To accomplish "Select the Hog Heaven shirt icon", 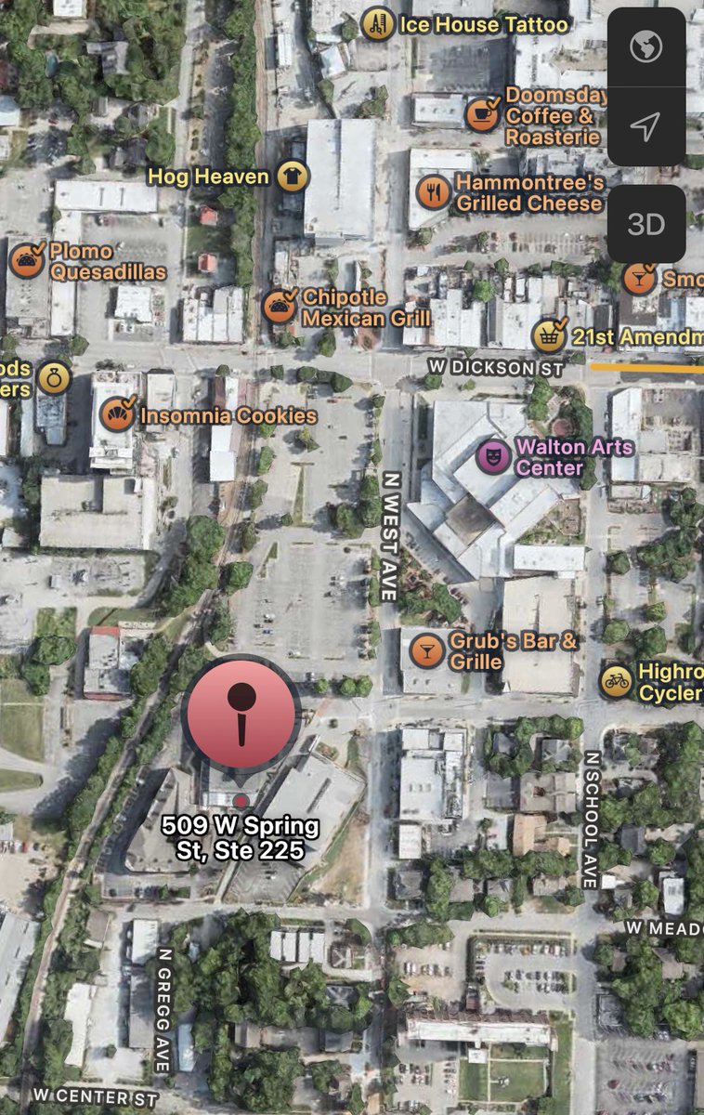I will (293, 176).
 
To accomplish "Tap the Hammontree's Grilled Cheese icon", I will (434, 191).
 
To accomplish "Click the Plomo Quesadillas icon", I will (27, 261).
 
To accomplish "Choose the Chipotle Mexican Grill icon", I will (279, 306).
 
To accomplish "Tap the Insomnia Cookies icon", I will (117, 414).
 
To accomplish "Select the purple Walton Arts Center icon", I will (493, 456).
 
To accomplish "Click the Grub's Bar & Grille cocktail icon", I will (427, 650).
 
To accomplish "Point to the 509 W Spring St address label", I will (241, 837).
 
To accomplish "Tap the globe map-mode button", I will (646, 48).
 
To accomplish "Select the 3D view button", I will (646, 224).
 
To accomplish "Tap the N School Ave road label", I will (591, 820).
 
